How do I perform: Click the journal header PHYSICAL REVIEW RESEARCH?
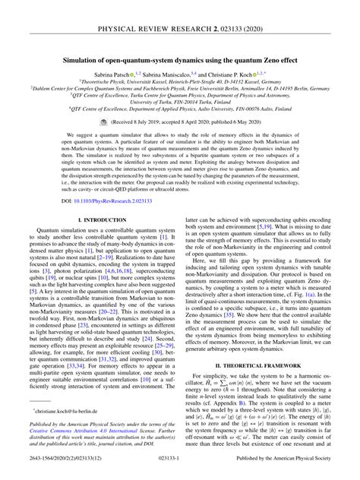pos(180,13)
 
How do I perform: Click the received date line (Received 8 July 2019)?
pos(187,121)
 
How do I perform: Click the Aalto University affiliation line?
pos(180,109)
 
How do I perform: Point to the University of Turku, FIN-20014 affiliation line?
pos(180,103)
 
